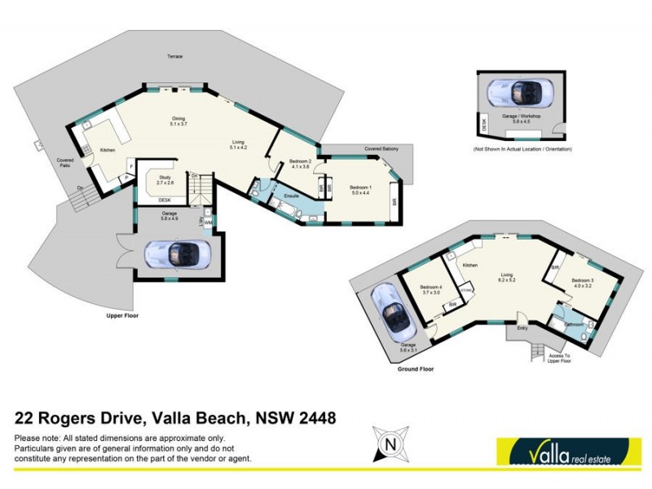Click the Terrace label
click(x=175, y=56)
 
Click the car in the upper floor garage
click(x=178, y=253)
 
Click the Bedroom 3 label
click(x=583, y=281)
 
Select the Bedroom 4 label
click(x=430, y=289)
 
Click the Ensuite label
click(x=291, y=196)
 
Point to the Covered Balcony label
click(x=362, y=149)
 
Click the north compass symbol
click(x=390, y=446)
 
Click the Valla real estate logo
click(x=563, y=452)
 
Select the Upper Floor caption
click(x=122, y=314)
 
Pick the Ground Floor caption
click(x=416, y=368)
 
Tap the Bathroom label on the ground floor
click(x=573, y=324)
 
